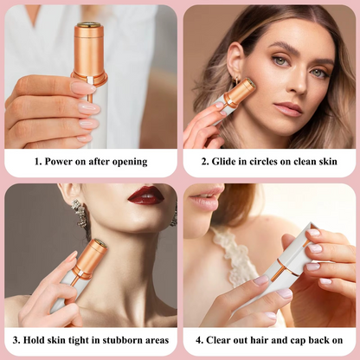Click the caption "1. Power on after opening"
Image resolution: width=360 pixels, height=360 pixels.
click(91, 161)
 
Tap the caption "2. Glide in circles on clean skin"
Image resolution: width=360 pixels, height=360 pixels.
click(269, 161)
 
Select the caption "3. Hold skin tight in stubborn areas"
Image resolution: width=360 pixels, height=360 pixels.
click(91, 340)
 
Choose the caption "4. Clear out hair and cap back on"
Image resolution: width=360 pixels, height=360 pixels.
click(269, 340)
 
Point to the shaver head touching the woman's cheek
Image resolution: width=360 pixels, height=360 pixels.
click(241, 91)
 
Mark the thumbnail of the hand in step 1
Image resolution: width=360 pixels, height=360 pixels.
click(83, 87)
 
